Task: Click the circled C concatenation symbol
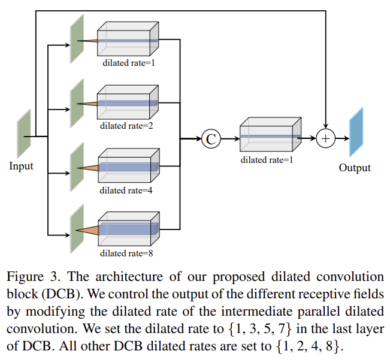click(x=211, y=139)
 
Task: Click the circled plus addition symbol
click(x=325, y=139)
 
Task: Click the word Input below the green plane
click(x=22, y=166)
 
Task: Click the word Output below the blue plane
click(x=355, y=168)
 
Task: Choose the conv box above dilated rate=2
click(x=128, y=102)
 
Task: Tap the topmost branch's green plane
click(x=77, y=38)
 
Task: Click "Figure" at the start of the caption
click(x=24, y=277)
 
